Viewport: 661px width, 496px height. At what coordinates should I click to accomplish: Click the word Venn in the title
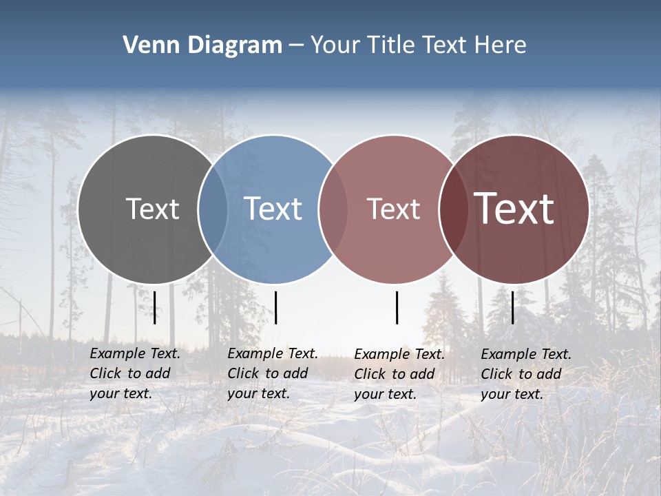pos(147,45)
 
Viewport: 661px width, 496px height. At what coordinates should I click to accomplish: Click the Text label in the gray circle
pos(152,209)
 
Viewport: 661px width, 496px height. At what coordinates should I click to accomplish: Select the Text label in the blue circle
pos(273,209)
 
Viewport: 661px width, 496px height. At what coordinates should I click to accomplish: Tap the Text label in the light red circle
pos(393,209)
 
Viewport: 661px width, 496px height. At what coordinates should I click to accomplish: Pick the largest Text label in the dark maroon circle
pos(514,209)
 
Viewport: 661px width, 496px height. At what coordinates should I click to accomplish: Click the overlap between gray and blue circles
pos(213,209)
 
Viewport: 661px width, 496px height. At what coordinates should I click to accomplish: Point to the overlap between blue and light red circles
pos(333,209)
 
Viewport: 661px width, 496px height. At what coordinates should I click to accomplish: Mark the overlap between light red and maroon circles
pos(453,209)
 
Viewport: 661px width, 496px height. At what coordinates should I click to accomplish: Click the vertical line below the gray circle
pos(155,307)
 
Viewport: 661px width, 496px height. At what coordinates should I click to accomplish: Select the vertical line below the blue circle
pos(275,307)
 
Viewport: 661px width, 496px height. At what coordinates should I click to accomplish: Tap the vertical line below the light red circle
pos(397,307)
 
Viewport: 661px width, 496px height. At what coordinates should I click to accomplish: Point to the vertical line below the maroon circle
pos(513,307)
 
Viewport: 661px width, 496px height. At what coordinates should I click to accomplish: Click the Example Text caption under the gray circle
pos(135,373)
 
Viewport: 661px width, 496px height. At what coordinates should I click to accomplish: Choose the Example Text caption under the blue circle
pos(273,373)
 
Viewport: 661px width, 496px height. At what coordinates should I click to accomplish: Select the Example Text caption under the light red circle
pos(399,374)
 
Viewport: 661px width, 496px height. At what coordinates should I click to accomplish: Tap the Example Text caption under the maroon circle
pos(526,374)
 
